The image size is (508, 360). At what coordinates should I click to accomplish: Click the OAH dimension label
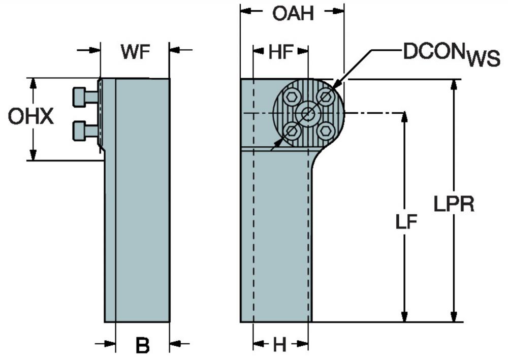[293, 14]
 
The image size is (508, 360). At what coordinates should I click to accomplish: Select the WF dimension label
[136, 51]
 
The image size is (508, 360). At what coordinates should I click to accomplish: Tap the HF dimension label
[280, 52]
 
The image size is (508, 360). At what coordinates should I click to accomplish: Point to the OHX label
[31, 117]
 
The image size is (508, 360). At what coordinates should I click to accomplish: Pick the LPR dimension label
[454, 204]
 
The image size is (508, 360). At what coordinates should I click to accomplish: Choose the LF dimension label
[406, 222]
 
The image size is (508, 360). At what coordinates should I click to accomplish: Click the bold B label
[143, 345]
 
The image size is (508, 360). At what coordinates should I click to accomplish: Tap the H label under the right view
[280, 345]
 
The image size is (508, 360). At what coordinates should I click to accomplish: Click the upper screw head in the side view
[79, 97]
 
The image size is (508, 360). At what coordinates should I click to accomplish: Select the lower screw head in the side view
[79, 131]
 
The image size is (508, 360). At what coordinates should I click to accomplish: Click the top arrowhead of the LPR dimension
[454, 84]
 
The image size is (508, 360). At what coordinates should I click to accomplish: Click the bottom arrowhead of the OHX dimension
[32, 154]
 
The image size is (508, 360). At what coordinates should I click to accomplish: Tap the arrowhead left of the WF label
[94, 50]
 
